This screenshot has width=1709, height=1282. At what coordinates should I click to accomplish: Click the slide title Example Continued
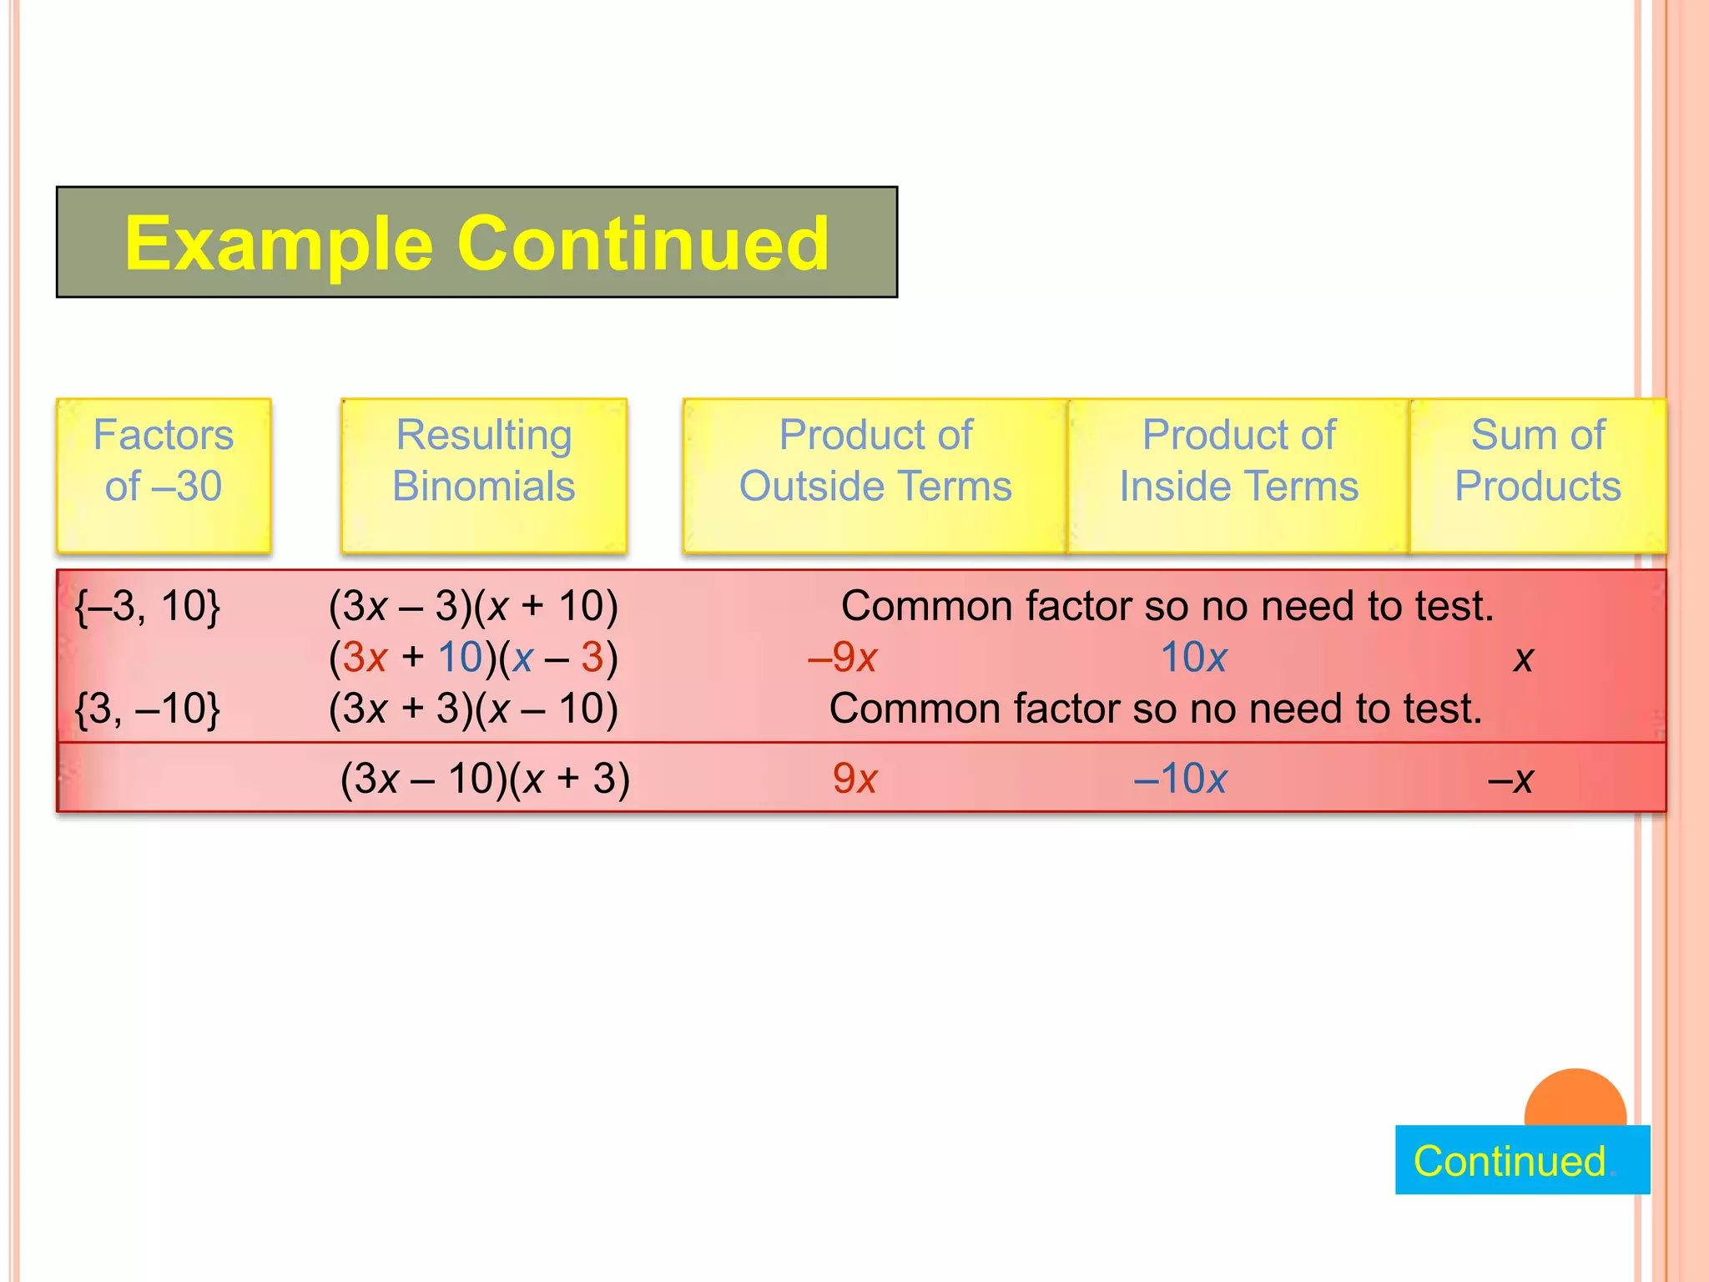pos(476,243)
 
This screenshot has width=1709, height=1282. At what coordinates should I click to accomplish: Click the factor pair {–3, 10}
pos(148,606)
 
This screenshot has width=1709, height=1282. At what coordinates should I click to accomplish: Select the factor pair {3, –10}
pos(148,709)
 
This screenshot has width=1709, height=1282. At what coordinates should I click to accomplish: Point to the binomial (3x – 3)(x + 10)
pos(473,606)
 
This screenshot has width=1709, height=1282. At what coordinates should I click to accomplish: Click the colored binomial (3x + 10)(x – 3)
pos(473,658)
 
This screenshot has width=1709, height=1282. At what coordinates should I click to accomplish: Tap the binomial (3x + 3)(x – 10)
pos(473,709)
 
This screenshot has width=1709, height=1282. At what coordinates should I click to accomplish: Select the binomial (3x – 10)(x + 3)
pos(485,779)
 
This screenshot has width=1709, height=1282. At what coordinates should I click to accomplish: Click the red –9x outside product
pos(842,658)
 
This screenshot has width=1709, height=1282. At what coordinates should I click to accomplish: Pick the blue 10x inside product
pos(1193,658)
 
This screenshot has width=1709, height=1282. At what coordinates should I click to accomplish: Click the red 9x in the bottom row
pos(854,779)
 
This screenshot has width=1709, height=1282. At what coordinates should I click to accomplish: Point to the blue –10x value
pos(1180,779)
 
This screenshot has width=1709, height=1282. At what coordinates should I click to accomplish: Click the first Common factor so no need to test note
pos(1167,606)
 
